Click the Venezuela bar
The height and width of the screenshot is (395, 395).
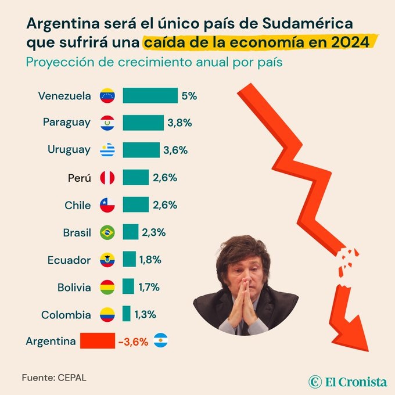150,95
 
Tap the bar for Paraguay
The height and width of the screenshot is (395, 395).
143,123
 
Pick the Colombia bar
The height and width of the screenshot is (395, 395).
126,314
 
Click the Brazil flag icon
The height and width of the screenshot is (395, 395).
107,232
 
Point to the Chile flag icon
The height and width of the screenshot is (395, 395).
107,205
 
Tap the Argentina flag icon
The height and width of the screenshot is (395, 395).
161,341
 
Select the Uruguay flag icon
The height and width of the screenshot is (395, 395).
107,150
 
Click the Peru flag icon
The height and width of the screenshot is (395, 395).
107,177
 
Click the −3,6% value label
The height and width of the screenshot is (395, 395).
132,342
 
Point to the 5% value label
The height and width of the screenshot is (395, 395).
189,95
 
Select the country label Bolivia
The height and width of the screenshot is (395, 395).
74,287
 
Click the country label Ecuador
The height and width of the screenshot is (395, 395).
69,260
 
